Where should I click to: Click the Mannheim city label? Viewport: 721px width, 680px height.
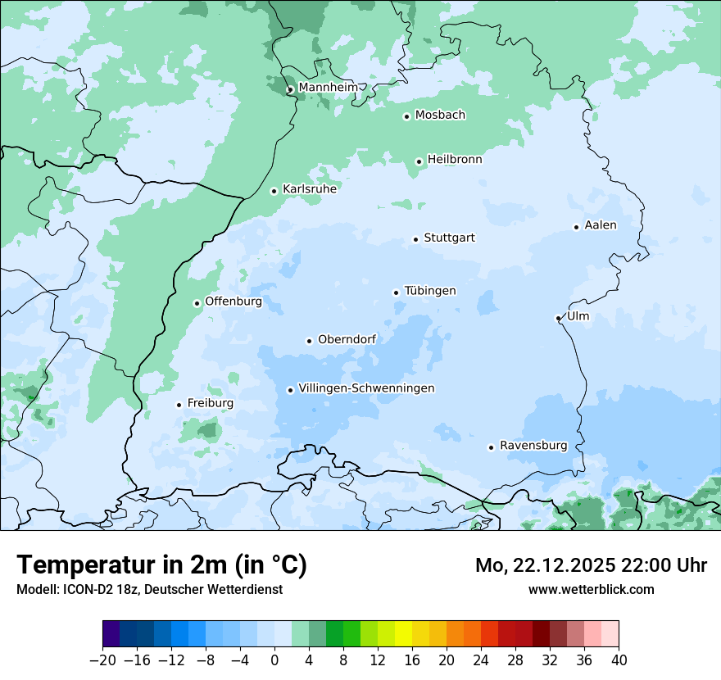point(328,87)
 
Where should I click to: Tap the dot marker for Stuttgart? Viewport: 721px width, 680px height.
point(415,239)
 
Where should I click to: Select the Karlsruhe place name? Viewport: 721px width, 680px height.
point(310,189)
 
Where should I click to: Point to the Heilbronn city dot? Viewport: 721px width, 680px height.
point(419,161)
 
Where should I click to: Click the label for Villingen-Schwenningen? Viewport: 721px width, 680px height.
point(366,388)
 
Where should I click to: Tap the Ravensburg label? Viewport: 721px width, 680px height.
point(533,446)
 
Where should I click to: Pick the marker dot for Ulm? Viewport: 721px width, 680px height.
point(558,318)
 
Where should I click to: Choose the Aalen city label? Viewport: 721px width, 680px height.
point(601,225)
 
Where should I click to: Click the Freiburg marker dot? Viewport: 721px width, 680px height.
point(179,405)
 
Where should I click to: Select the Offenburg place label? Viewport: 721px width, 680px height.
point(234,301)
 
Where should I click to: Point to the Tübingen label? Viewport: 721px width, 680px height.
point(430,291)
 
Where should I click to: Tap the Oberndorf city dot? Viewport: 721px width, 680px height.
point(309,341)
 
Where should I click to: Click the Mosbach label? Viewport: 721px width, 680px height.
point(440,116)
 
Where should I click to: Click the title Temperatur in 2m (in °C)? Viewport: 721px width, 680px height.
point(161,565)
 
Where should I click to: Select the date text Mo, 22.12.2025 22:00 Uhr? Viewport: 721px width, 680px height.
point(591,565)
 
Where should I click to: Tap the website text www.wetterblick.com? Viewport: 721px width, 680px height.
point(591,589)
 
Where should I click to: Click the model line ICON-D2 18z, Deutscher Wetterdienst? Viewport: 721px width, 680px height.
point(149,589)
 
